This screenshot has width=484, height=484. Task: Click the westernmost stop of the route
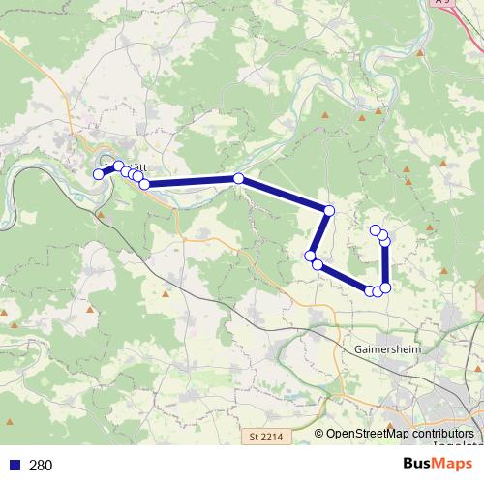[98, 174]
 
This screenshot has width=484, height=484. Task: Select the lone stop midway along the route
[238, 179]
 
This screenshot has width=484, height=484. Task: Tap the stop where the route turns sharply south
[329, 210]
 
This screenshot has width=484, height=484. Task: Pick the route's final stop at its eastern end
[376, 229]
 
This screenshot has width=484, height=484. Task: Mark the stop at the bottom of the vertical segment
[385, 287]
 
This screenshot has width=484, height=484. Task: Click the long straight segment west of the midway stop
[191, 181]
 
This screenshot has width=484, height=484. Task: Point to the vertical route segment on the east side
[385, 263]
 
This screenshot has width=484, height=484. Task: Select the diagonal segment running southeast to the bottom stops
[343, 278]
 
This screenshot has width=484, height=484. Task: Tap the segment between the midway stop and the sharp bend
[284, 195]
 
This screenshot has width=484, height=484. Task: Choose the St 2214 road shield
[266, 437]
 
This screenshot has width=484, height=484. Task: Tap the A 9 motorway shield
[470, 4]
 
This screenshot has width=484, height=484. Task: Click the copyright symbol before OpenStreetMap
[320, 435]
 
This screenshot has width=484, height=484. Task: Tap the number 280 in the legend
[42, 466]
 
